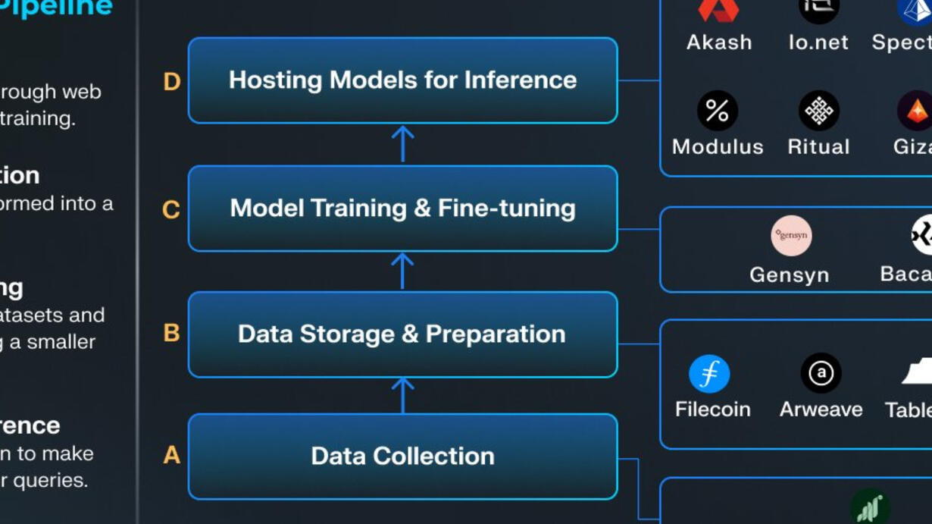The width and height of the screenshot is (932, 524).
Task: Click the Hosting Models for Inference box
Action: [402, 80]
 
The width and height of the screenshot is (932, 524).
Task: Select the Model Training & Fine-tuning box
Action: [402, 209]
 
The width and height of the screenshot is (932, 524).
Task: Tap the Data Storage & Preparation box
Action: [402, 334]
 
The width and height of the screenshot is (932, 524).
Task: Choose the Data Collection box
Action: [402, 457]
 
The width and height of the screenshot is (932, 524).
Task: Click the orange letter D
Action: [172, 81]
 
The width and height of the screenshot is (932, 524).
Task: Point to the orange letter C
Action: [171, 209]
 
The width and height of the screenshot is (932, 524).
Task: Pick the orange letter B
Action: [171, 333]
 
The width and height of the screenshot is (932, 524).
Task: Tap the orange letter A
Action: [172, 455]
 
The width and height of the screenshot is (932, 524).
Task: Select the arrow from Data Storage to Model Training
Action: [402, 271]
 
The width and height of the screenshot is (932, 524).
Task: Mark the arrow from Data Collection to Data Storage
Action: [402, 395]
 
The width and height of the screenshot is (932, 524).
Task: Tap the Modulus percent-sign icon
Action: [717, 111]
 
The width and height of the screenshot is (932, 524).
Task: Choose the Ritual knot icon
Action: [818, 111]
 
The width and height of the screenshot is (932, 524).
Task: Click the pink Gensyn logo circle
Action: [791, 235]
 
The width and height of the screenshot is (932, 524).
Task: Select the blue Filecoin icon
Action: [709, 374]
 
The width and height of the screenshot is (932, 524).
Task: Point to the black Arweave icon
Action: [821, 373]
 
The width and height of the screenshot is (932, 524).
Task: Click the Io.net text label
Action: [818, 42]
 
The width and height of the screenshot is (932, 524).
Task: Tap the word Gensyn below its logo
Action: [789, 275]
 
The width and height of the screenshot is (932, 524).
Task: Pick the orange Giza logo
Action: [916, 111]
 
